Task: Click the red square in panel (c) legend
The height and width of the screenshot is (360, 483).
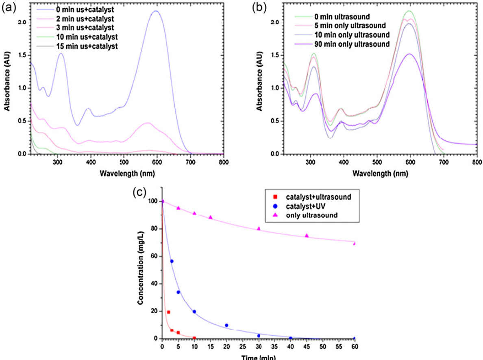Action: pos(269,197)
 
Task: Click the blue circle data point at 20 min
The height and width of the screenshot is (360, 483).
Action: pos(226,325)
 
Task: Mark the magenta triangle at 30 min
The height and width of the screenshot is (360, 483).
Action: pos(259,229)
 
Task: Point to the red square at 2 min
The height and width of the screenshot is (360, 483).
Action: pos(168,312)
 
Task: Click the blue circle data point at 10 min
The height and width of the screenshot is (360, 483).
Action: pos(194,312)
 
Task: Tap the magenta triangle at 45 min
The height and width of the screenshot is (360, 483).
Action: pos(307,236)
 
